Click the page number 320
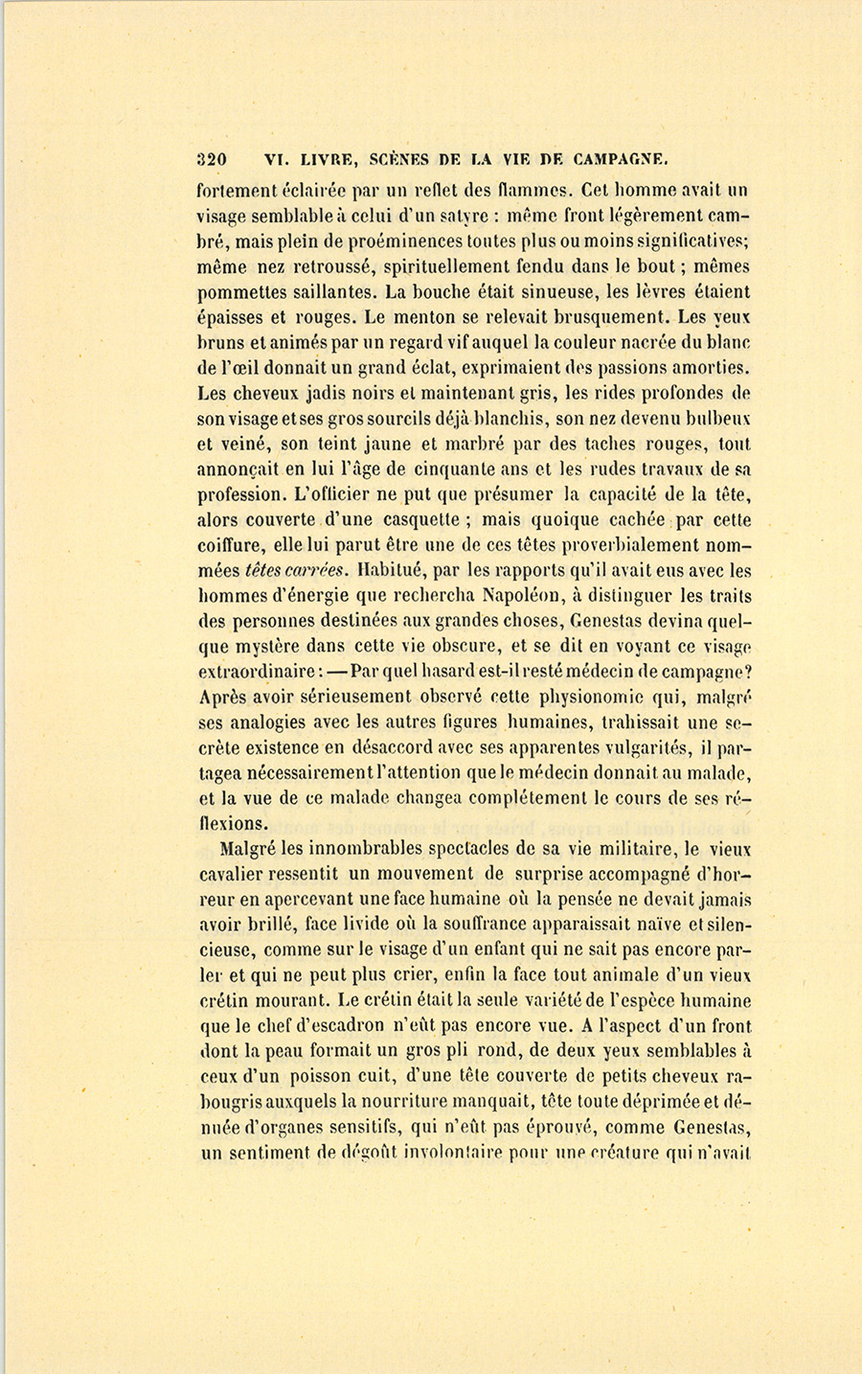pyautogui.click(x=211, y=160)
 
